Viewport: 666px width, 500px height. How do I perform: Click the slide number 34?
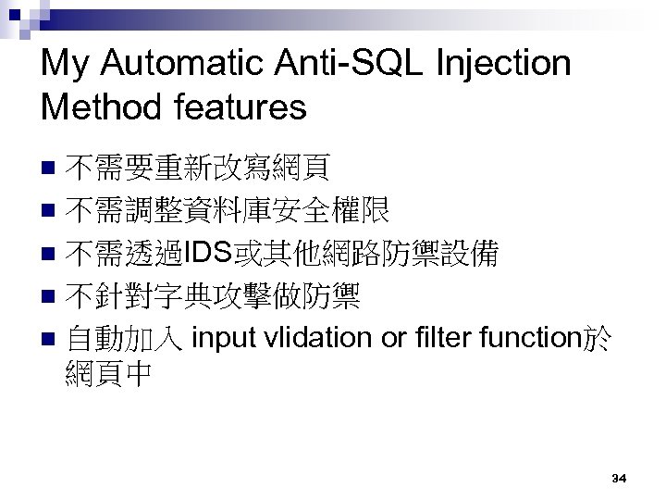point(620,478)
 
